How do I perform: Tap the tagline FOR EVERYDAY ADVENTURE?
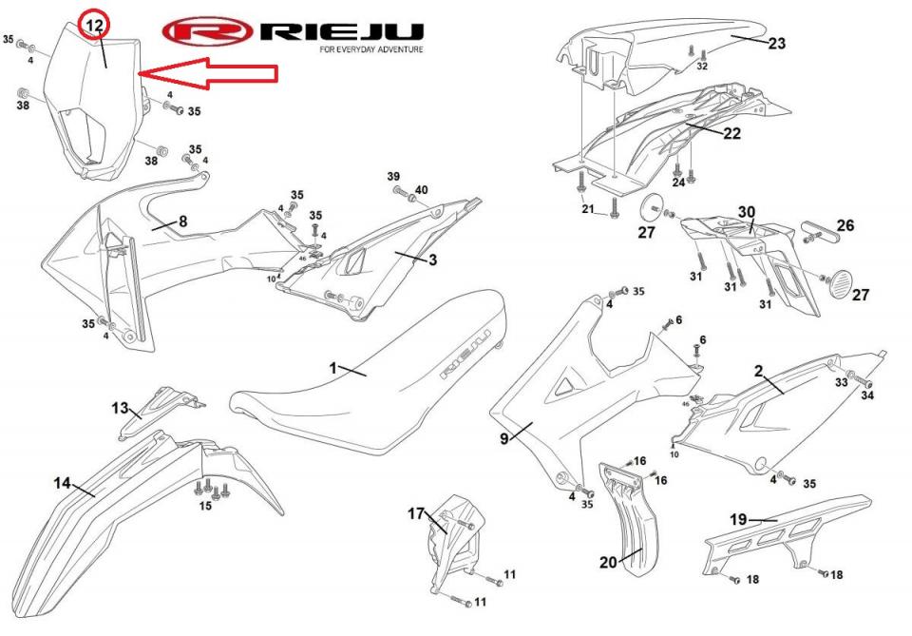(370, 49)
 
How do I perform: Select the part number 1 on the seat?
(333, 367)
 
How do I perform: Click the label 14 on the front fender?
(62, 483)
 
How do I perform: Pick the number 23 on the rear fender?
(777, 43)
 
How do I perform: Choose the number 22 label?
(731, 134)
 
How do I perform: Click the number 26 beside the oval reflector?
(845, 225)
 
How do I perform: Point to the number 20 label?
(608, 561)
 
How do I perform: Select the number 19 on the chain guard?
(738, 519)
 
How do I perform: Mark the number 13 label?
(120, 408)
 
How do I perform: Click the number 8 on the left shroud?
(182, 222)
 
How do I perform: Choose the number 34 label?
(866, 395)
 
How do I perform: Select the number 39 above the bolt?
(393, 177)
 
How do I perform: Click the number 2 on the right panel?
(759, 370)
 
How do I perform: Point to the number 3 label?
(431, 259)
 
